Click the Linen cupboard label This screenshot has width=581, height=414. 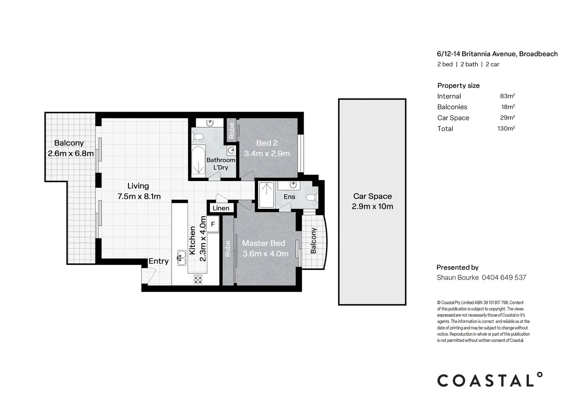tap(221, 208)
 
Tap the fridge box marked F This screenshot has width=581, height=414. tap(213, 224)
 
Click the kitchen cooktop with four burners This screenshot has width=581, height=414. tap(198, 279)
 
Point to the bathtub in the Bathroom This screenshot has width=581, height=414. tap(199, 161)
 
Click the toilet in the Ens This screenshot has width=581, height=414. tap(312, 197)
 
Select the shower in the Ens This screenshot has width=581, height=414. tap(266, 195)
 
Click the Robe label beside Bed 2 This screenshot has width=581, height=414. tap(231, 130)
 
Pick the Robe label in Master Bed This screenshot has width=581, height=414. tap(228, 248)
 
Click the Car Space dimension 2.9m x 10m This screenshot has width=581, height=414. tap(372, 206)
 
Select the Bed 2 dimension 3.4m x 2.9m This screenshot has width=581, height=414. tap(267, 154)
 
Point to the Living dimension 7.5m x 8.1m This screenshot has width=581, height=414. tap(139, 197)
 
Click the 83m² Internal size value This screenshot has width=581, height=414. tap(507, 96)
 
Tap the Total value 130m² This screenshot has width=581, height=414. tap(506, 128)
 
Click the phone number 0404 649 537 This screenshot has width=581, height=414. tap(504, 277)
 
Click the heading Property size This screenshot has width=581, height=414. tap(458, 85)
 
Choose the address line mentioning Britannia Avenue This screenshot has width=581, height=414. tap(497, 54)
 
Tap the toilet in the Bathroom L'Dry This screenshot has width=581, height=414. tap(199, 136)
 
